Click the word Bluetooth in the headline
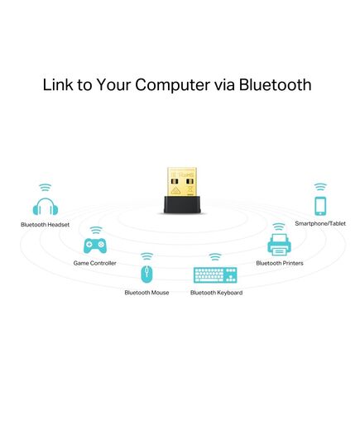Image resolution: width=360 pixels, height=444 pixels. (275, 84)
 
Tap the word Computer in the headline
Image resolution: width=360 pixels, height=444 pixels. (172, 85)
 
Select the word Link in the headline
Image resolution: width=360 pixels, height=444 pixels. (58, 84)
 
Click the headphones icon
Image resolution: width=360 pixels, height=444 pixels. (46, 206)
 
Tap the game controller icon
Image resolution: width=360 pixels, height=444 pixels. (95, 246)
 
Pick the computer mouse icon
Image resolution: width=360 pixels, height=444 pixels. (146, 274)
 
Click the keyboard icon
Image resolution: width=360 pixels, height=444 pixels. (215, 275)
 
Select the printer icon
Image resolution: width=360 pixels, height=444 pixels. (279, 245)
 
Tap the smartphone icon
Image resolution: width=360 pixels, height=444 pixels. (320, 206)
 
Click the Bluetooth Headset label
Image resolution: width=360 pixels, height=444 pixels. (45, 225)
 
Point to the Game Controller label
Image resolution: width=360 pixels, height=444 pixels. (94, 263)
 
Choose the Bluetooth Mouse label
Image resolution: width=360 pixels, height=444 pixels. (146, 293)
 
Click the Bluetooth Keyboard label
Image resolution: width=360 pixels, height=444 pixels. (216, 293)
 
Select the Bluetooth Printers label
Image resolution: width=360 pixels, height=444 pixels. (280, 263)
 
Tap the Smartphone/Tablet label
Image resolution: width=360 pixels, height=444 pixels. (320, 223)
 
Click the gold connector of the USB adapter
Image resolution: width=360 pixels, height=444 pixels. (182, 182)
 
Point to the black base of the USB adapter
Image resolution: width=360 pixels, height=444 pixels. (182, 204)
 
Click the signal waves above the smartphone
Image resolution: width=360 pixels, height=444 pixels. (320, 187)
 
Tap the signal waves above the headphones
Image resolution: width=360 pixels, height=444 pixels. (46, 187)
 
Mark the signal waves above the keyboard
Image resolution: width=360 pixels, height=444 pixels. (215, 257)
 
